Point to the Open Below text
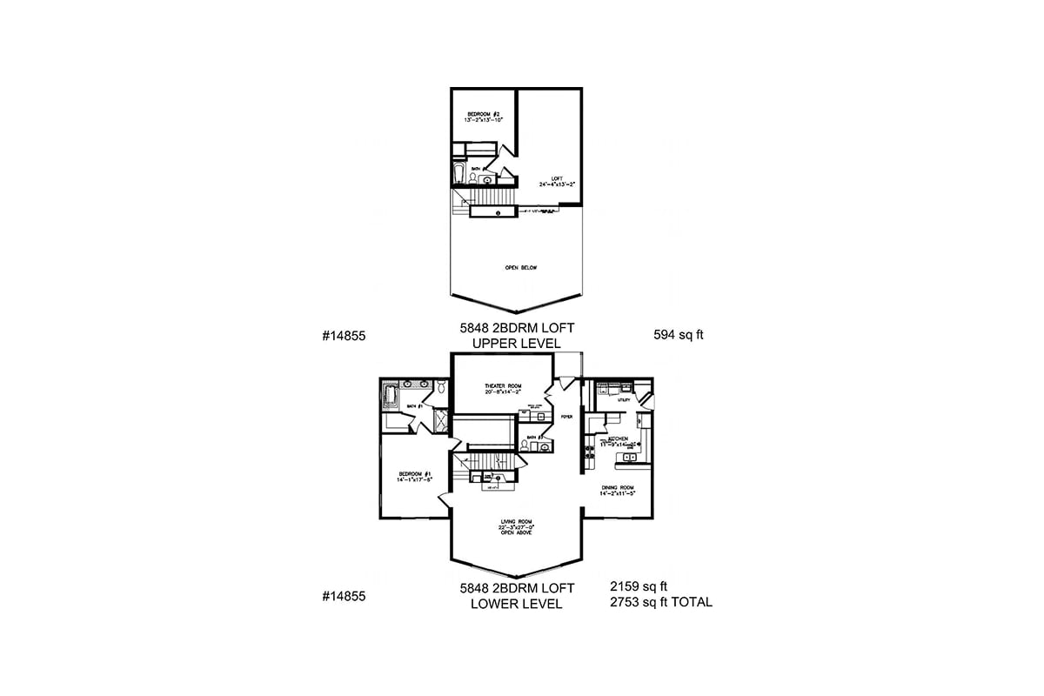point(520,268)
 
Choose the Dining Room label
point(618,490)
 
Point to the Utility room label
point(624,399)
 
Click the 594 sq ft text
point(678,334)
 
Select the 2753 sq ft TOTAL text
point(661,602)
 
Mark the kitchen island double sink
point(632,456)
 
